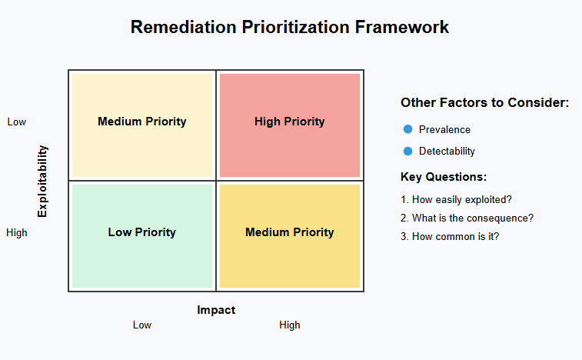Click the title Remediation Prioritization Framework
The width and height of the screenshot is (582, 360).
coord(290,27)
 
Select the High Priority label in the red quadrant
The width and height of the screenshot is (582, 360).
coord(290,122)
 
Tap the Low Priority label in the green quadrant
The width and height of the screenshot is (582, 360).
coord(141,232)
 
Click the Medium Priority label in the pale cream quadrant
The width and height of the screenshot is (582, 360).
coord(141,122)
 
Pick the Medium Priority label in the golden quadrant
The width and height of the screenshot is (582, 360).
coord(290,232)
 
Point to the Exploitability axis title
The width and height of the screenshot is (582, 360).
coord(42,181)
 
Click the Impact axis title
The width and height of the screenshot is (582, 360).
coord(216,310)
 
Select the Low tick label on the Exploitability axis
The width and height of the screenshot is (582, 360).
coord(17,122)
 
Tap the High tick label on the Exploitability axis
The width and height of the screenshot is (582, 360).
coord(17,233)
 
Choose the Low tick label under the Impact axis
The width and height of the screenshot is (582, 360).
coord(142,325)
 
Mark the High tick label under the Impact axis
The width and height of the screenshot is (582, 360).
coord(290,325)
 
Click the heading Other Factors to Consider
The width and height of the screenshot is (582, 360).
coord(485,102)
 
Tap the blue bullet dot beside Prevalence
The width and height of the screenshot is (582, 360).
coord(408,129)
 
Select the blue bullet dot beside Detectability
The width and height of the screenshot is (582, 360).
coord(408,152)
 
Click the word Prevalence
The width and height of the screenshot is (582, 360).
coord(444,130)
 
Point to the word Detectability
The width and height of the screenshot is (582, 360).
coord(447,152)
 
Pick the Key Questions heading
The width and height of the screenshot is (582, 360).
coord(444,177)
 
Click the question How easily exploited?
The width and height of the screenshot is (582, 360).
coord(456,200)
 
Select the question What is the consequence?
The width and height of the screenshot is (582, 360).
coord(467,218)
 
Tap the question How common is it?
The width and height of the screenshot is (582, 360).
coord(450,237)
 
